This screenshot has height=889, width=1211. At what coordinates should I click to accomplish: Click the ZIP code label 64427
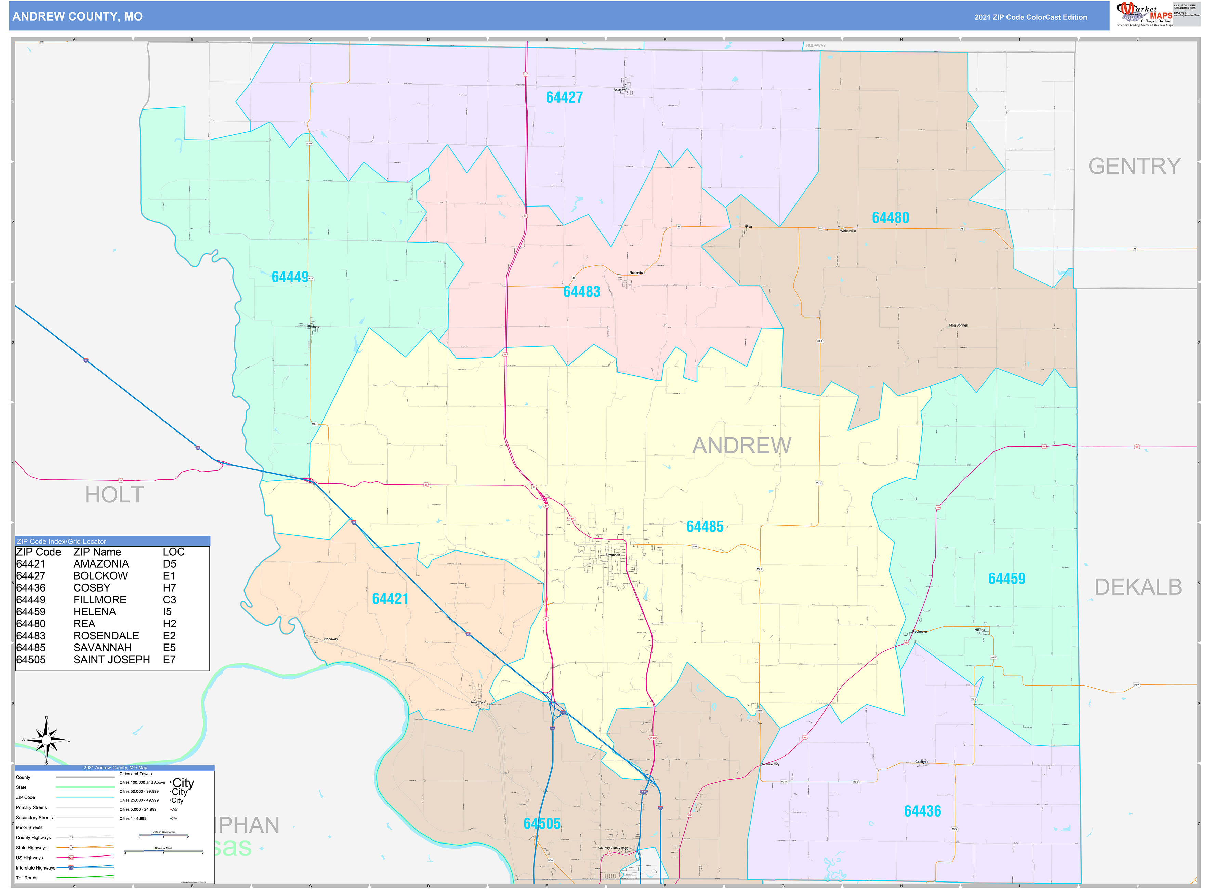pos(564,97)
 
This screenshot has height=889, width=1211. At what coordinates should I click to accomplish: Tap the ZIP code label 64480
pos(890,217)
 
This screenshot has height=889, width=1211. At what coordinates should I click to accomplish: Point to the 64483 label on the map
pos(581,292)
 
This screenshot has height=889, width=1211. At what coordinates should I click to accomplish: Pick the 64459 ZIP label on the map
pos(1006,579)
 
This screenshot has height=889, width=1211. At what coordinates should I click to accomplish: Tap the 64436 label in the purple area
pos(922,811)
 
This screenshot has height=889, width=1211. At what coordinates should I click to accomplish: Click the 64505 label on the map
pos(542,823)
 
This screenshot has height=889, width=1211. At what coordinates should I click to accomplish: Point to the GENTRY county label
pos(1135,166)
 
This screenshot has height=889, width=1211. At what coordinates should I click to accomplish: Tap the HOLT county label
pos(115,494)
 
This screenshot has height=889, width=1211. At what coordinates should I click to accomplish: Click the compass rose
pos(47,740)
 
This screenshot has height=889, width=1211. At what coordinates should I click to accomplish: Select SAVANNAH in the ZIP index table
pos(102,647)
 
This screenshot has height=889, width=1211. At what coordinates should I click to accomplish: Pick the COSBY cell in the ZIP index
pos(92,588)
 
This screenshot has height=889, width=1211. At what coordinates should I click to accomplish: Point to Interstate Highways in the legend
pos(36,867)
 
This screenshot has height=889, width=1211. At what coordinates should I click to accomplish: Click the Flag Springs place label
pos(958,326)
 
